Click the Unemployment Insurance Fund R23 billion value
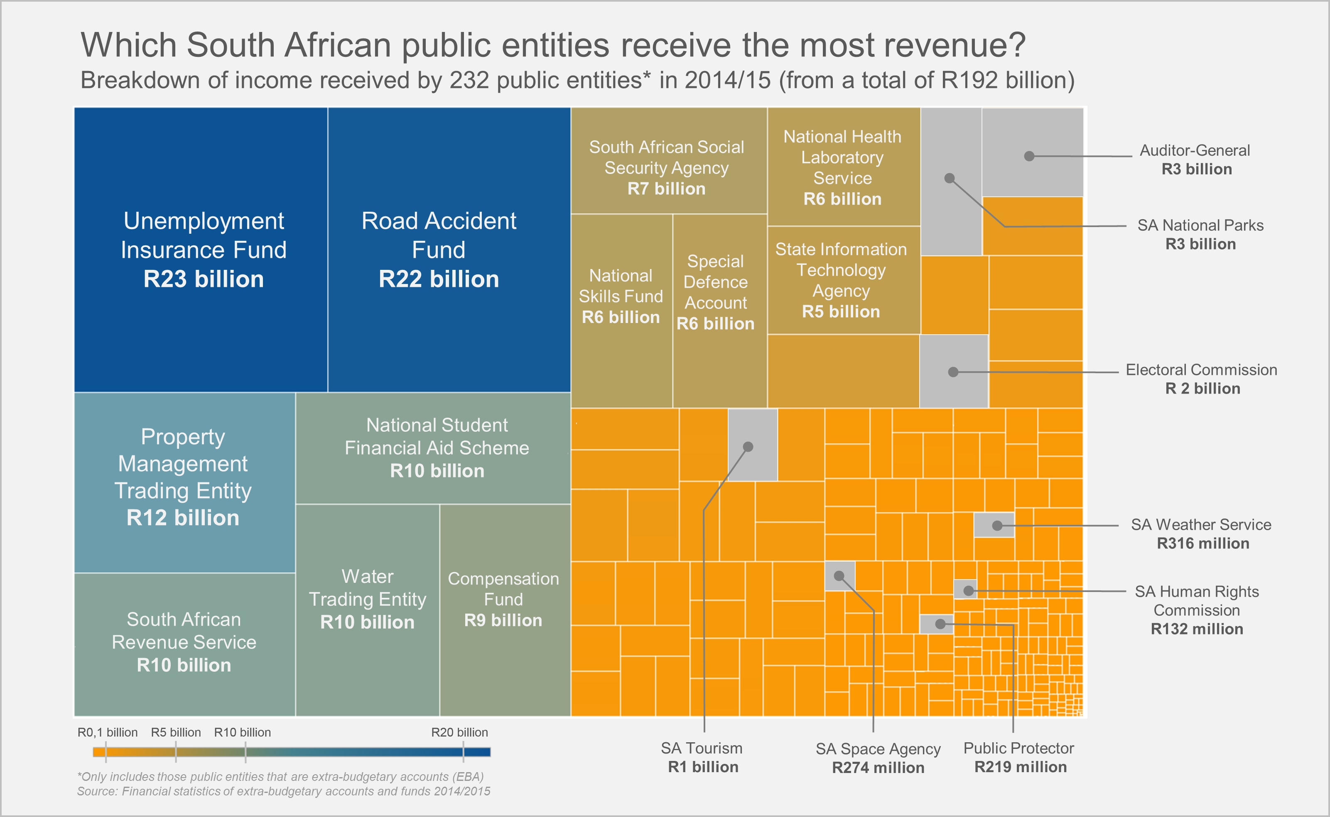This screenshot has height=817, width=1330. pyautogui.click(x=203, y=279)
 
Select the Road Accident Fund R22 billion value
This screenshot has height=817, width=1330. pyautogui.click(x=439, y=279)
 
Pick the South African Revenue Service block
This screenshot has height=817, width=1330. pyautogui.click(x=184, y=643)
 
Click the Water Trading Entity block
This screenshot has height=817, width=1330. pyautogui.click(x=368, y=600)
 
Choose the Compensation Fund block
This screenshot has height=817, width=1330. pyautogui.click(x=503, y=600)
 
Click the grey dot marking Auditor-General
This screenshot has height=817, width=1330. pyautogui.click(x=1029, y=156)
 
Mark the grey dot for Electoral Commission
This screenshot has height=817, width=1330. pyautogui.click(x=954, y=372)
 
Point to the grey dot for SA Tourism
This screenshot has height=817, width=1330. pyautogui.click(x=748, y=447)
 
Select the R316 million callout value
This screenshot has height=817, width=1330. pyautogui.click(x=1203, y=543)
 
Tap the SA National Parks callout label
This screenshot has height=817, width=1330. pyautogui.click(x=1200, y=225)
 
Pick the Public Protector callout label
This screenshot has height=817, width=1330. pyautogui.click(x=1018, y=749)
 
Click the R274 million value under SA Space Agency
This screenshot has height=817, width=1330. pyautogui.click(x=878, y=768)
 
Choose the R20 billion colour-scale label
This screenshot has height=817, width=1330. pyautogui.click(x=459, y=733)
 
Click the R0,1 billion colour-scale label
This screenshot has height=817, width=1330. pyautogui.click(x=108, y=733)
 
